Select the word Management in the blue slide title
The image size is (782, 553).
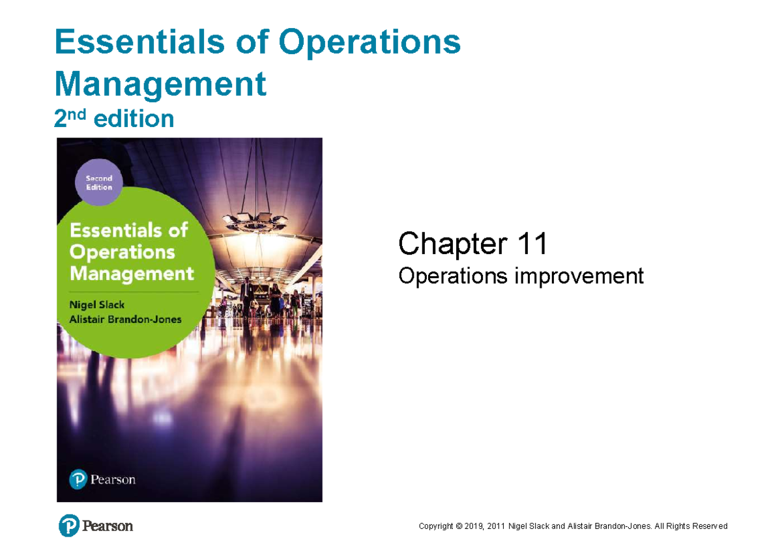pos(161,85)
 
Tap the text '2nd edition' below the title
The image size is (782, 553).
pos(115,119)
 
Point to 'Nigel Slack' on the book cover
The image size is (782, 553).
pos(98,305)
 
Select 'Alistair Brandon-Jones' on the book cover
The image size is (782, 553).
pos(126,319)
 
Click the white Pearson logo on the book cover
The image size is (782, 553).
pos(102,480)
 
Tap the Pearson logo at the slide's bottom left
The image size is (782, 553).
pos(96,526)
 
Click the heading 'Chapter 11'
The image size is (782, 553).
pos(472,245)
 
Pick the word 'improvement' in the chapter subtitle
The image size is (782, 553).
pos(579,276)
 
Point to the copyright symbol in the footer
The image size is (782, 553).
pos(458,526)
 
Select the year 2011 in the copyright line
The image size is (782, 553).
pos(499,526)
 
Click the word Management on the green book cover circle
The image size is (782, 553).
pos(132,274)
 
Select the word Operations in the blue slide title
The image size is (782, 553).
pos(369,43)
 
